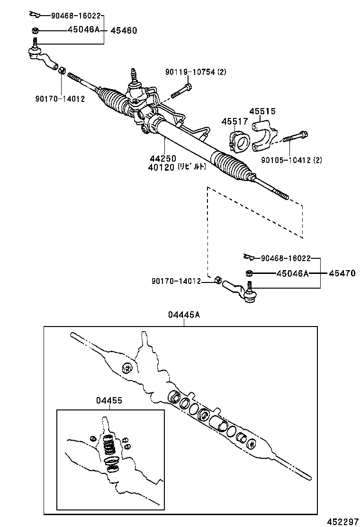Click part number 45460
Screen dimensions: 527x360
pyautogui.click(x=124, y=30)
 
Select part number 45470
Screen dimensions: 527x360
pyautogui.click(x=342, y=273)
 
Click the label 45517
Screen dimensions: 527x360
pyautogui.click(x=234, y=122)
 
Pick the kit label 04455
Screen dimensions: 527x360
pyautogui.click(x=109, y=400)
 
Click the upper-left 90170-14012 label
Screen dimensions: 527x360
pyautogui.click(x=60, y=99)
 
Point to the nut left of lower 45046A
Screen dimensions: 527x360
pyautogui.click(x=248, y=273)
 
